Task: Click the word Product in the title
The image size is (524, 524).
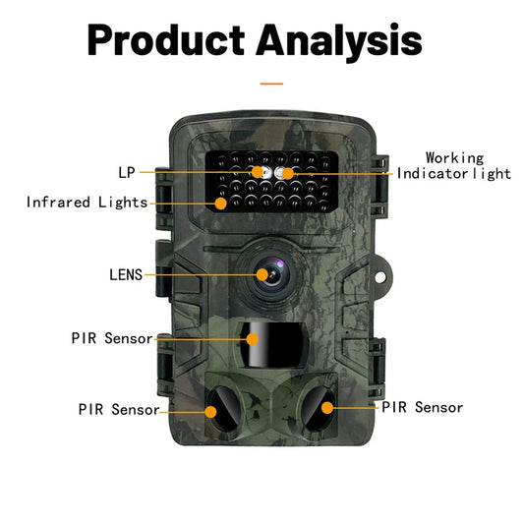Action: pyautogui.click(x=166, y=41)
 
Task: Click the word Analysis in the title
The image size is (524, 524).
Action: pyautogui.click(x=339, y=41)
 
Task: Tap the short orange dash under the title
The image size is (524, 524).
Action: pyautogui.click(x=270, y=84)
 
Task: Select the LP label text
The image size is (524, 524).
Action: pyautogui.click(x=126, y=172)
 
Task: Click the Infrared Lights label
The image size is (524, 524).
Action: pyautogui.click(x=87, y=203)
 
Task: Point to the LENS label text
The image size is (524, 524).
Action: pyautogui.click(x=126, y=274)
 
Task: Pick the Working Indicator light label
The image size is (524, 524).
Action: pyautogui.click(x=454, y=165)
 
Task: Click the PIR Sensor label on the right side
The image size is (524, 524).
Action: pyautogui.click(x=422, y=406)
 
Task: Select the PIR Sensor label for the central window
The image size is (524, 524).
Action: pyautogui.click(x=112, y=338)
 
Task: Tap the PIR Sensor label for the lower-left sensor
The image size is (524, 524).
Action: pyautogui.click(x=119, y=409)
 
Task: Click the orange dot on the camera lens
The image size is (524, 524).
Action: pyautogui.click(x=263, y=274)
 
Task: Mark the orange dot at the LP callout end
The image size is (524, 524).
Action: pyautogui.click(x=258, y=172)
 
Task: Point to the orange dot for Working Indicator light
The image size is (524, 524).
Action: pyautogui.click(x=288, y=173)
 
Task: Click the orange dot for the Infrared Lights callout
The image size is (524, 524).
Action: pyautogui.click(x=221, y=204)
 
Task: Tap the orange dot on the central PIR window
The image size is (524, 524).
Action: pyautogui.click(x=253, y=338)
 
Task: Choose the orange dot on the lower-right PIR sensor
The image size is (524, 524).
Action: pyautogui.click(x=325, y=405)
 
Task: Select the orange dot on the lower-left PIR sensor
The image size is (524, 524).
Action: pyautogui.click(x=209, y=407)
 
